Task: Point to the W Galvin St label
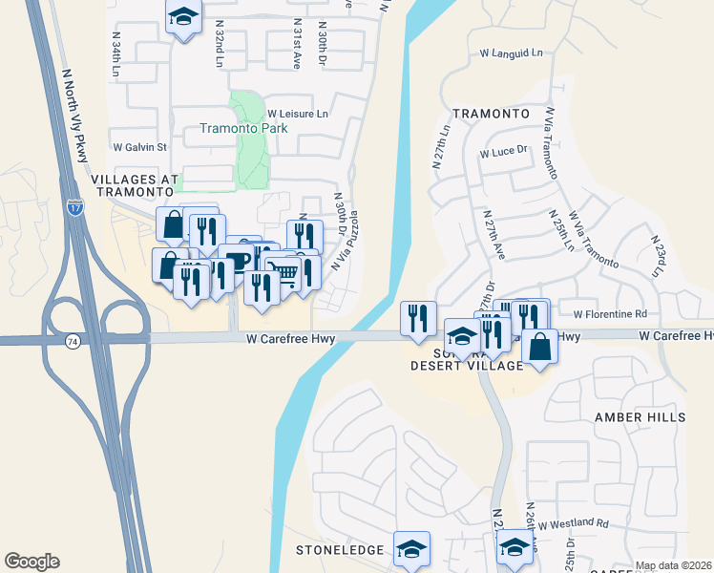pyautogui.click(x=139, y=147)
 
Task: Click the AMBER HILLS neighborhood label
pyautogui.click(x=640, y=417)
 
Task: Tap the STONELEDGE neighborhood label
pyautogui.click(x=340, y=550)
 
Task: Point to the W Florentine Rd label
pyautogui.click(x=610, y=313)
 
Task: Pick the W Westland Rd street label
pyautogui.click(x=573, y=523)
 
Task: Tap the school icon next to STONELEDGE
pyautogui.click(x=412, y=548)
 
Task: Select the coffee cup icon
pyautogui.click(x=236, y=261)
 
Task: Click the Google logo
pyautogui.click(x=31, y=562)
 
